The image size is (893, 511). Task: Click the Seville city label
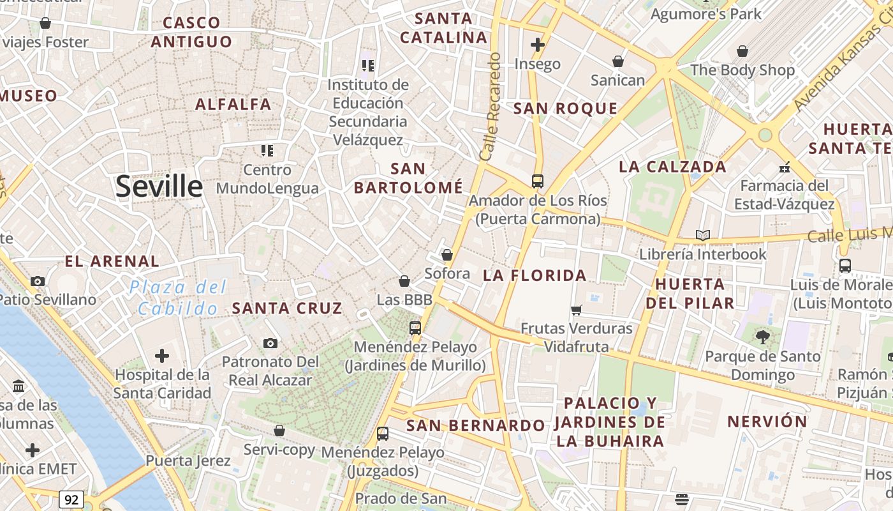click(x=159, y=187)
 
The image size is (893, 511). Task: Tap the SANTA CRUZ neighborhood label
click(x=287, y=308)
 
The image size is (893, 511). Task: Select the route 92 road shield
click(x=71, y=499)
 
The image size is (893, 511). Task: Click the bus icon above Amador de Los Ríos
click(x=538, y=181)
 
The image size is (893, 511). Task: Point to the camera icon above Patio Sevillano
click(x=38, y=281)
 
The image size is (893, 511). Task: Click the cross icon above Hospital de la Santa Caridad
click(x=162, y=355)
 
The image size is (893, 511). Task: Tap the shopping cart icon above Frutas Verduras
click(x=577, y=310)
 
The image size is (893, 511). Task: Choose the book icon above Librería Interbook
click(x=703, y=236)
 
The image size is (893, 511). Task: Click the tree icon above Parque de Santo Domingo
click(x=762, y=337)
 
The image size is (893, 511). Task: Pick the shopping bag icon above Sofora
click(x=447, y=255)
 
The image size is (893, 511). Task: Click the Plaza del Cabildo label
click(x=178, y=298)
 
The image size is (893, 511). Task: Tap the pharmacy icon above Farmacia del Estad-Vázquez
click(x=785, y=167)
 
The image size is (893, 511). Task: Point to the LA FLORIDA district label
click(x=535, y=275)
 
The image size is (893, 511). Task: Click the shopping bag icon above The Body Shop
click(x=742, y=51)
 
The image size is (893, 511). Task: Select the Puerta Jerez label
click(x=188, y=461)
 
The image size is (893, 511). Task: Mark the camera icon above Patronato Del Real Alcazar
click(x=270, y=343)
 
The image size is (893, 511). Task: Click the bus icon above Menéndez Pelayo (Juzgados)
click(x=383, y=433)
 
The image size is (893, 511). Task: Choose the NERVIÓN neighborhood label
click(x=767, y=422)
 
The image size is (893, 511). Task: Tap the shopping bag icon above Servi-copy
click(x=279, y=431)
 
